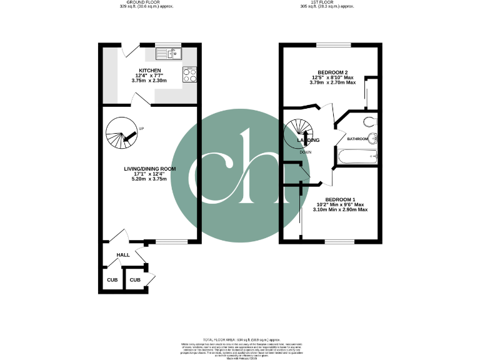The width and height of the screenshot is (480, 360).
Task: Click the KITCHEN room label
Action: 150,71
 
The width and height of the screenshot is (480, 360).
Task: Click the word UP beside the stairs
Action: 142,129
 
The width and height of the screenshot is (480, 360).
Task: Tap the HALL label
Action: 122,255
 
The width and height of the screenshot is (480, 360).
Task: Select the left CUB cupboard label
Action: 112,280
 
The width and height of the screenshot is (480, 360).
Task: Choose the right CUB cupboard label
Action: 135,280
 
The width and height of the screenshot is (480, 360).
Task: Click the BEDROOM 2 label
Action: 333,72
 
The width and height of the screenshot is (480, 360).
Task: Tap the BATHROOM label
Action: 357,139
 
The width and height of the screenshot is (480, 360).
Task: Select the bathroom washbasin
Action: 373,139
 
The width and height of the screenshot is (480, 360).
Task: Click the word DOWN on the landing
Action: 306,152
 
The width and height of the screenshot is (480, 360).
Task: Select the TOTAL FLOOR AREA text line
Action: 239,337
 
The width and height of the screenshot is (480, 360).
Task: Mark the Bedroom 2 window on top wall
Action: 333,44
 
